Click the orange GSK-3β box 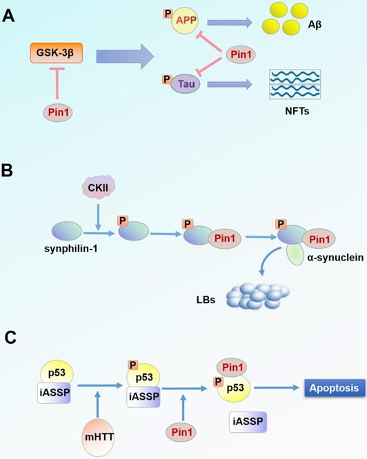55,52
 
